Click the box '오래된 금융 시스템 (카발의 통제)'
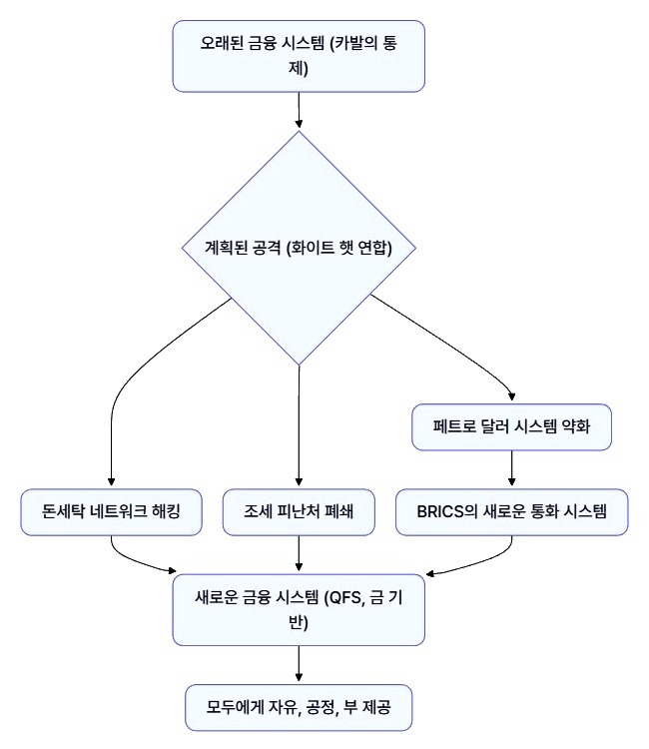point(299,56)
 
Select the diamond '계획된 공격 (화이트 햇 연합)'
point(299,248)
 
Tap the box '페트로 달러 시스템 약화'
point(511,428)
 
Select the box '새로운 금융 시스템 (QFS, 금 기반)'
point(299,609)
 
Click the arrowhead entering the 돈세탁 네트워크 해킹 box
point(111,481)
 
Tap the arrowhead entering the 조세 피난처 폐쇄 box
point(299,481)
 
